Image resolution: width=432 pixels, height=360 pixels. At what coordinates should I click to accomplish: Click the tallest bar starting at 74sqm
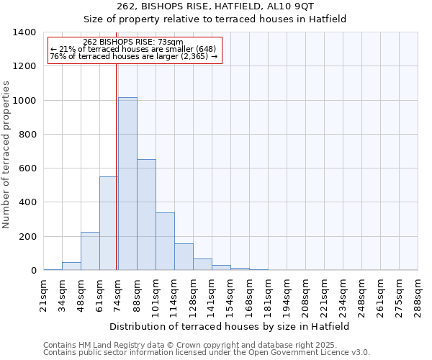pyautogui.click(x=127, y=184)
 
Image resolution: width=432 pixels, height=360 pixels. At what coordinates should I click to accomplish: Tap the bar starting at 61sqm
pyautogui.click(x=109, y=223)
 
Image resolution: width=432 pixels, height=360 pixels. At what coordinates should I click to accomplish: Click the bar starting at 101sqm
pyautogui.click(x=165, y=241)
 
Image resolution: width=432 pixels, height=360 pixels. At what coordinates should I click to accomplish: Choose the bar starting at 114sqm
pyautogui.click(x=184, y=256)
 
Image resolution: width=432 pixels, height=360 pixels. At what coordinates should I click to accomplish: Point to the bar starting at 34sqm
pyautogui.click(x=71, y=266)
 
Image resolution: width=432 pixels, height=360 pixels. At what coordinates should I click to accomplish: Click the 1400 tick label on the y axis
pyautogui.click(x=24, y=32)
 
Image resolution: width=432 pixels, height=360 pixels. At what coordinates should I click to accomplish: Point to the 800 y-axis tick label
pyautogui.click(x=27, y=135)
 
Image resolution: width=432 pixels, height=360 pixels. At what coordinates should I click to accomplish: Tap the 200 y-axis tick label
pyautogui.click(x=27, y=237)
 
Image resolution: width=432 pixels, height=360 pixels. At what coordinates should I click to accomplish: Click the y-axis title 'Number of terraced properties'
pyautogui.click(x=6, y=155)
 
